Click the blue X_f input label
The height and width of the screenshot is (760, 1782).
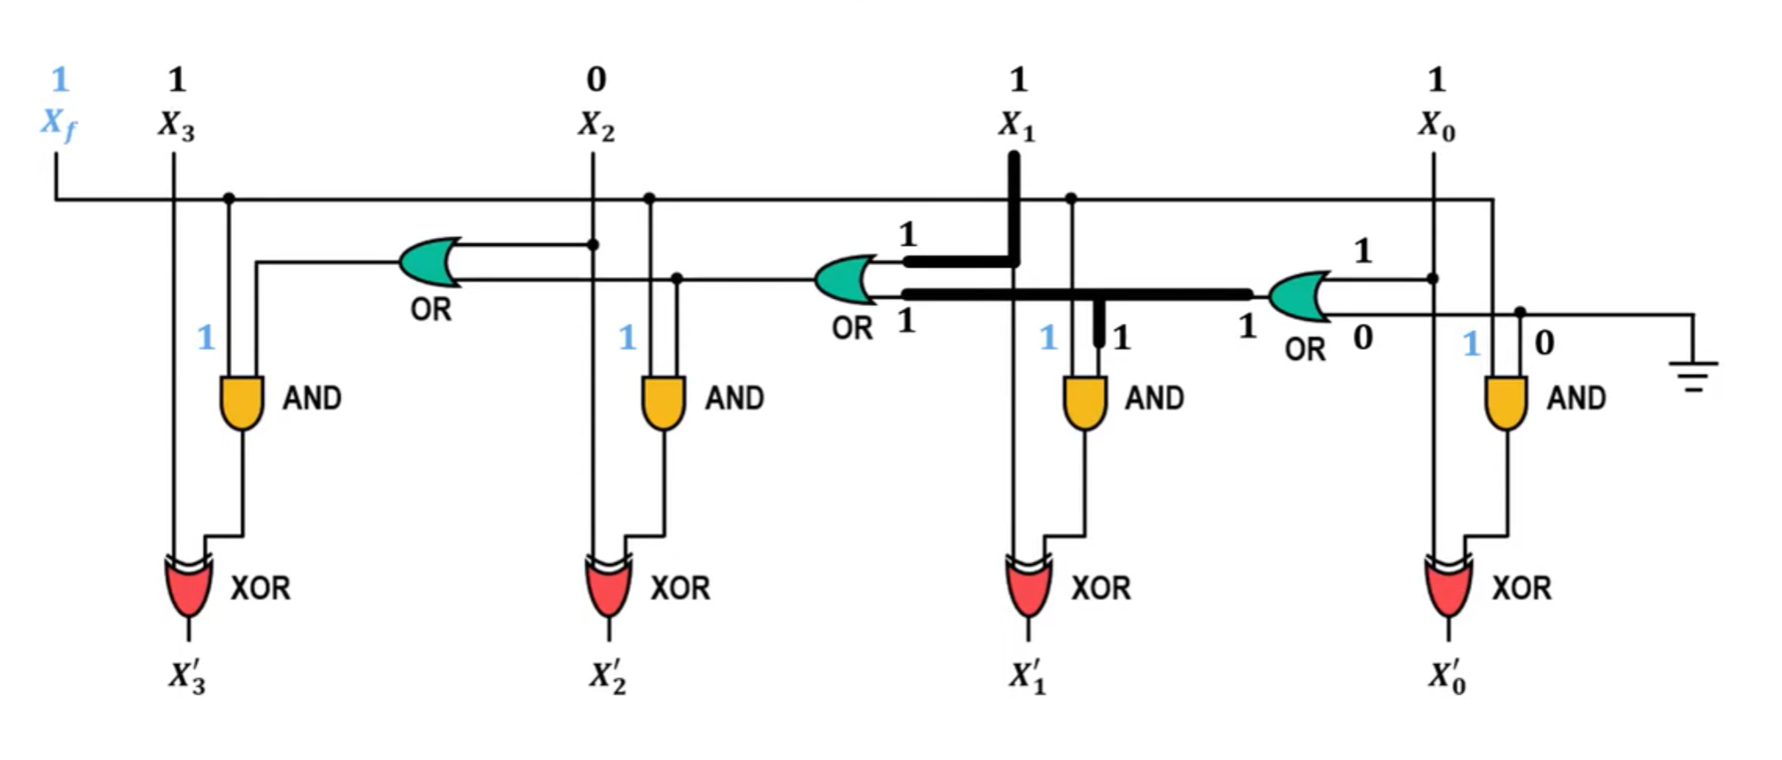click(58, 125)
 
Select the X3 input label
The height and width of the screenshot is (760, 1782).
click(176, 126)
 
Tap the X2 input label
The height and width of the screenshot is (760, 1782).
click(596, 126)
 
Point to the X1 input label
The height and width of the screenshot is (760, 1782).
click(1016, 126)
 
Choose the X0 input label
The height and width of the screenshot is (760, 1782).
click(1436, 126)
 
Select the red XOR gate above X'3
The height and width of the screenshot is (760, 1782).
click(188, 586)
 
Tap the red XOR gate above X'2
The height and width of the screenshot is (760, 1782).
click(608, 586)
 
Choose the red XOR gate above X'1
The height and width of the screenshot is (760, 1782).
click(1028, 586)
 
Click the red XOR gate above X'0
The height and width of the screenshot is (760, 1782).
click(1448, 586)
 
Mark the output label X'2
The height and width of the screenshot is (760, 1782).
click(607, 678)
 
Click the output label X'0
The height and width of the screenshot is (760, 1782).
click(1447, 678)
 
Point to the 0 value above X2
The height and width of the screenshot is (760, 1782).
click(596, 79)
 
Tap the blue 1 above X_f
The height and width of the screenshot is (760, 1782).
click(59, 79)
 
